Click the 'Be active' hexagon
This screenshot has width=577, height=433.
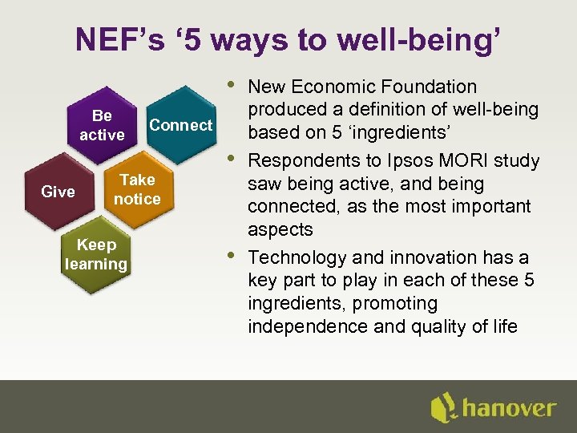tap(102, 126)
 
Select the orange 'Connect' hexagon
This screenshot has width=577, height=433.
tap(181, 125)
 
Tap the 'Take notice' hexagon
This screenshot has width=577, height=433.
tap(136, 189)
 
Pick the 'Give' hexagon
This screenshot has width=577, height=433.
tap(58, 192)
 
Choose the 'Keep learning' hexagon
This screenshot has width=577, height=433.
tap(96, 254)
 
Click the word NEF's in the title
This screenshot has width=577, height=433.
tap(120, 39)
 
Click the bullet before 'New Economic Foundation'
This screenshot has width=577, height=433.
tap(232, 83)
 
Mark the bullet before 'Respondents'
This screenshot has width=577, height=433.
tap(232, 157)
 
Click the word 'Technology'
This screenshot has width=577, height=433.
tap(293, 257)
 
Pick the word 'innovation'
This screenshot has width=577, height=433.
tap(429, 257)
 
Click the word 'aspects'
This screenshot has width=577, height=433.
tap(280, 229)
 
